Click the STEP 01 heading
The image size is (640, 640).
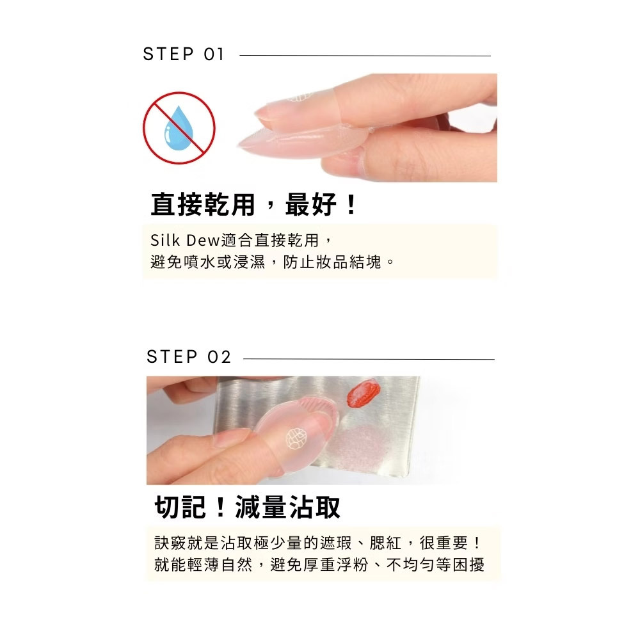click(183, 54)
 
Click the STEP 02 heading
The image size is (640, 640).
click(189, 356)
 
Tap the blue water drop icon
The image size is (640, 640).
click(179, 128)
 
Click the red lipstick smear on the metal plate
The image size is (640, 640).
click(364, 392)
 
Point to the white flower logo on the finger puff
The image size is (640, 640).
click(296, 439)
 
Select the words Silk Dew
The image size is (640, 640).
click(185, 241)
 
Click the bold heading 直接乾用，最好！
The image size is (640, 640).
click(254, 205)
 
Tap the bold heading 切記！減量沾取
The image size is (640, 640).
click(247, 508)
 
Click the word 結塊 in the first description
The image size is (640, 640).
click(365, 262)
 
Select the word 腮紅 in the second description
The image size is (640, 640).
click(385, 543)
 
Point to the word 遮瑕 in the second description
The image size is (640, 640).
click(336, 543)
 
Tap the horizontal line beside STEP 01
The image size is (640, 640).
click(365, 56)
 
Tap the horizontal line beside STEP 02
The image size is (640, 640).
click(369, 359)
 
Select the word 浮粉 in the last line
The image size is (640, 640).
click(352, 565)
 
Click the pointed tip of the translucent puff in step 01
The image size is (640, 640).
click(238, 145)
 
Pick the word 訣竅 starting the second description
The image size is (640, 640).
click(171, 543)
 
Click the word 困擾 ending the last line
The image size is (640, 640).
click(468, 565)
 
